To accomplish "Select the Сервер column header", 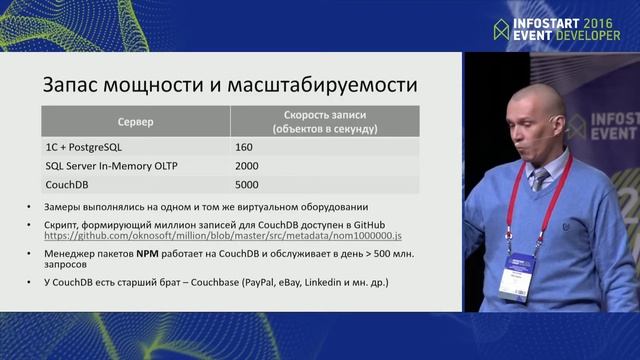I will coord(135,121).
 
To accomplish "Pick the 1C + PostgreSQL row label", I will coord(91,147).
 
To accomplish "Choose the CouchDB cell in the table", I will coord(70,185).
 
